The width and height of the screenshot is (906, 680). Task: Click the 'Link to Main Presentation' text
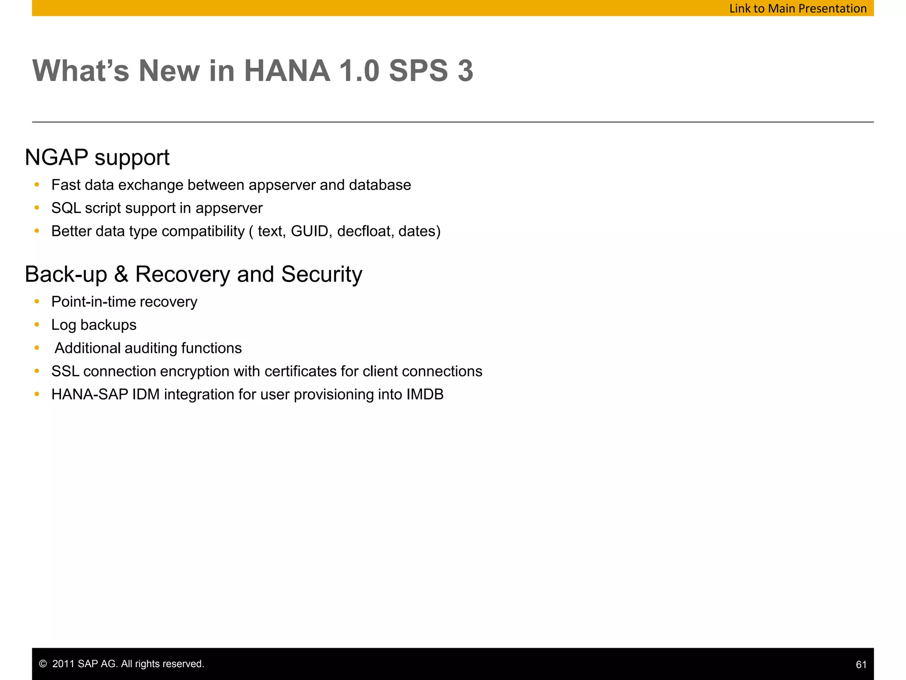point(798,8)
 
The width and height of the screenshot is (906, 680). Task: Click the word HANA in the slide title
point(287,71)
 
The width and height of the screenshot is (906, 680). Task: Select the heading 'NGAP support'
point(97,158)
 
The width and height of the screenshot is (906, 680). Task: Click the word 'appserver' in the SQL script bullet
point(229,208)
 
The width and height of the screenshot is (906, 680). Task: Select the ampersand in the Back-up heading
point(121,274)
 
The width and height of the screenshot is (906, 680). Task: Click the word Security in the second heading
point(322,274)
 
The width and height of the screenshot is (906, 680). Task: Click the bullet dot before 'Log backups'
point(37,325)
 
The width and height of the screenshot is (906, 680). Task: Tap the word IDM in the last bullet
point(146,394)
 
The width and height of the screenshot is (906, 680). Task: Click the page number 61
point(861,665)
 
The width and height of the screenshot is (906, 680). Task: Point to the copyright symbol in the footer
point(43,664)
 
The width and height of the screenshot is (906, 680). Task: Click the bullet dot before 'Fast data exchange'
point(37,185)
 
